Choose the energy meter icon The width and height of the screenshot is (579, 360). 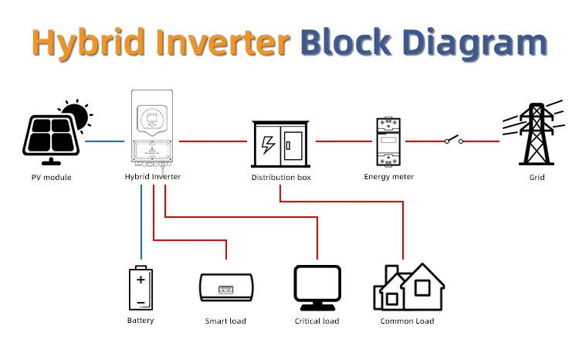tap(388, 141)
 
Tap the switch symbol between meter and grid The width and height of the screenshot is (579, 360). tap(452, 141)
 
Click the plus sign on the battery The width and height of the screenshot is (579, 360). tap(141, 278)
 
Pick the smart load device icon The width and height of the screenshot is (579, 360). tap(225, 288)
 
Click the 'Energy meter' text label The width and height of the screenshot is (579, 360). tap(388, 177)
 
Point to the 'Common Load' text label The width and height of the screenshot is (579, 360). tap(407, 321)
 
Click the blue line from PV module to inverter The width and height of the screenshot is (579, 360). tap(105, 141)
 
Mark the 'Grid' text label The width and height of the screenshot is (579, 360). tap(537, 177)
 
